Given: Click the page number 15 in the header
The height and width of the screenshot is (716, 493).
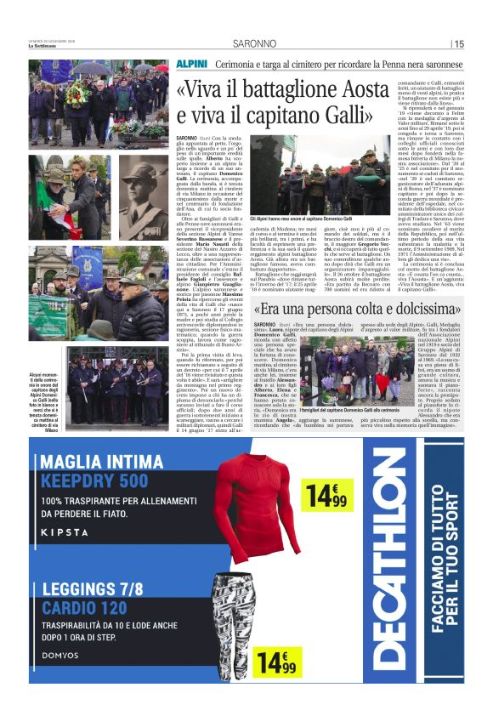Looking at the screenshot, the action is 459,44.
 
